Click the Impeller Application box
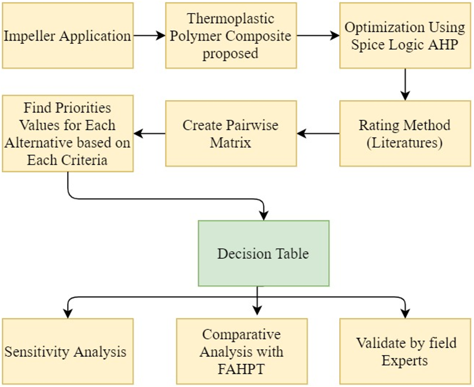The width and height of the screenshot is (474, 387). [68, 36]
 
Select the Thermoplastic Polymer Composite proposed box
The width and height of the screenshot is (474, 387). [230, 36]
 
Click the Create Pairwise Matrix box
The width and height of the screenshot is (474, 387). [230, 134]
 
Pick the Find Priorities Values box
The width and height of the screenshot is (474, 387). [68, 134]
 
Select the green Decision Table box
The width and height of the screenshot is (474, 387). [263, 253]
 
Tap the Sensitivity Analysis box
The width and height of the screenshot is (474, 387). [68, 351]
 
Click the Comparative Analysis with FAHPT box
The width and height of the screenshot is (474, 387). [242, 351]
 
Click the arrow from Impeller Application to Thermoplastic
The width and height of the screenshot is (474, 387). [149, 36]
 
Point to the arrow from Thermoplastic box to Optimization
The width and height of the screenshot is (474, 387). [318, 36]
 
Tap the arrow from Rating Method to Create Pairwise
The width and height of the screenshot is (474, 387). [318, 133]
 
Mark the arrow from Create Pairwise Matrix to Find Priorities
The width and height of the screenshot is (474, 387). [149, 133]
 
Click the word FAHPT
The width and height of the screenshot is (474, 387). [242, 368]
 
